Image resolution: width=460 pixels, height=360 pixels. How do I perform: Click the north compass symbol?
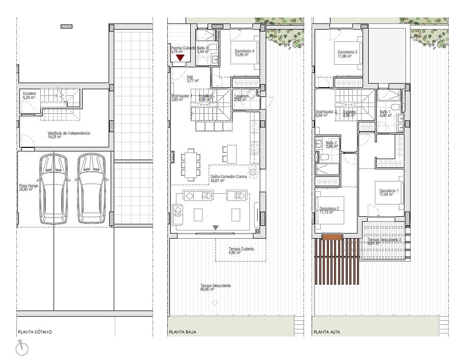click(22, 349)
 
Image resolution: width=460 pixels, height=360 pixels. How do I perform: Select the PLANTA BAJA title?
click(183, 332)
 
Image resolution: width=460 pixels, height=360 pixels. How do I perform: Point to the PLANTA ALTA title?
click(327, 332)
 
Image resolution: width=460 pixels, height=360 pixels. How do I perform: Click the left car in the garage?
click(55, 189)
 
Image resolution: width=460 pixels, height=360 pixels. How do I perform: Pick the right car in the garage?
click(92, 189)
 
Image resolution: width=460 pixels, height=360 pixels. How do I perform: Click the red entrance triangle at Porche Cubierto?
click(180, 58)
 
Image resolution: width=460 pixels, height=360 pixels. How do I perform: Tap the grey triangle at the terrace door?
click(216, 228)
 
